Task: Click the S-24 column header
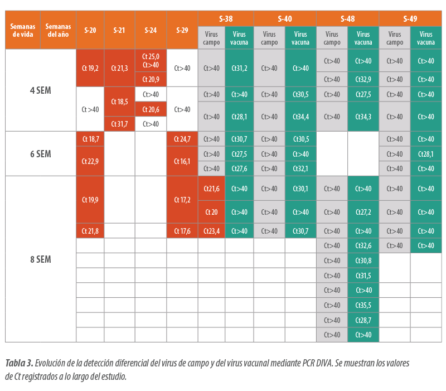(151, 30)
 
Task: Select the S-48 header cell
(347, 19)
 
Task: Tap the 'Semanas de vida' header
(23, 30)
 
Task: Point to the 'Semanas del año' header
(59, 30)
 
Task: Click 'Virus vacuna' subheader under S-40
(300, 38)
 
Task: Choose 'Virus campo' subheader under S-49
(395, 38)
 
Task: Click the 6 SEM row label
(41, 154)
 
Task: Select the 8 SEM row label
(41, 259)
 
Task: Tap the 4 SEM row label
(41, 90)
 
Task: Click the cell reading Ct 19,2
(90, 68)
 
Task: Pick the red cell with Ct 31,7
(119, 124)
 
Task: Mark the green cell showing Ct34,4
(300, 117)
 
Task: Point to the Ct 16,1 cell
(182, 161)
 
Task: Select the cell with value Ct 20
(211, 212)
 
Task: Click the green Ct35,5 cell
(363, 305)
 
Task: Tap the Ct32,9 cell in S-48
(363, 79)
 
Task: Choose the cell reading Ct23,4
(211, 231)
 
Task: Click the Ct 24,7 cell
(182, 139)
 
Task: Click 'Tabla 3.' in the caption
(20, 363)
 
